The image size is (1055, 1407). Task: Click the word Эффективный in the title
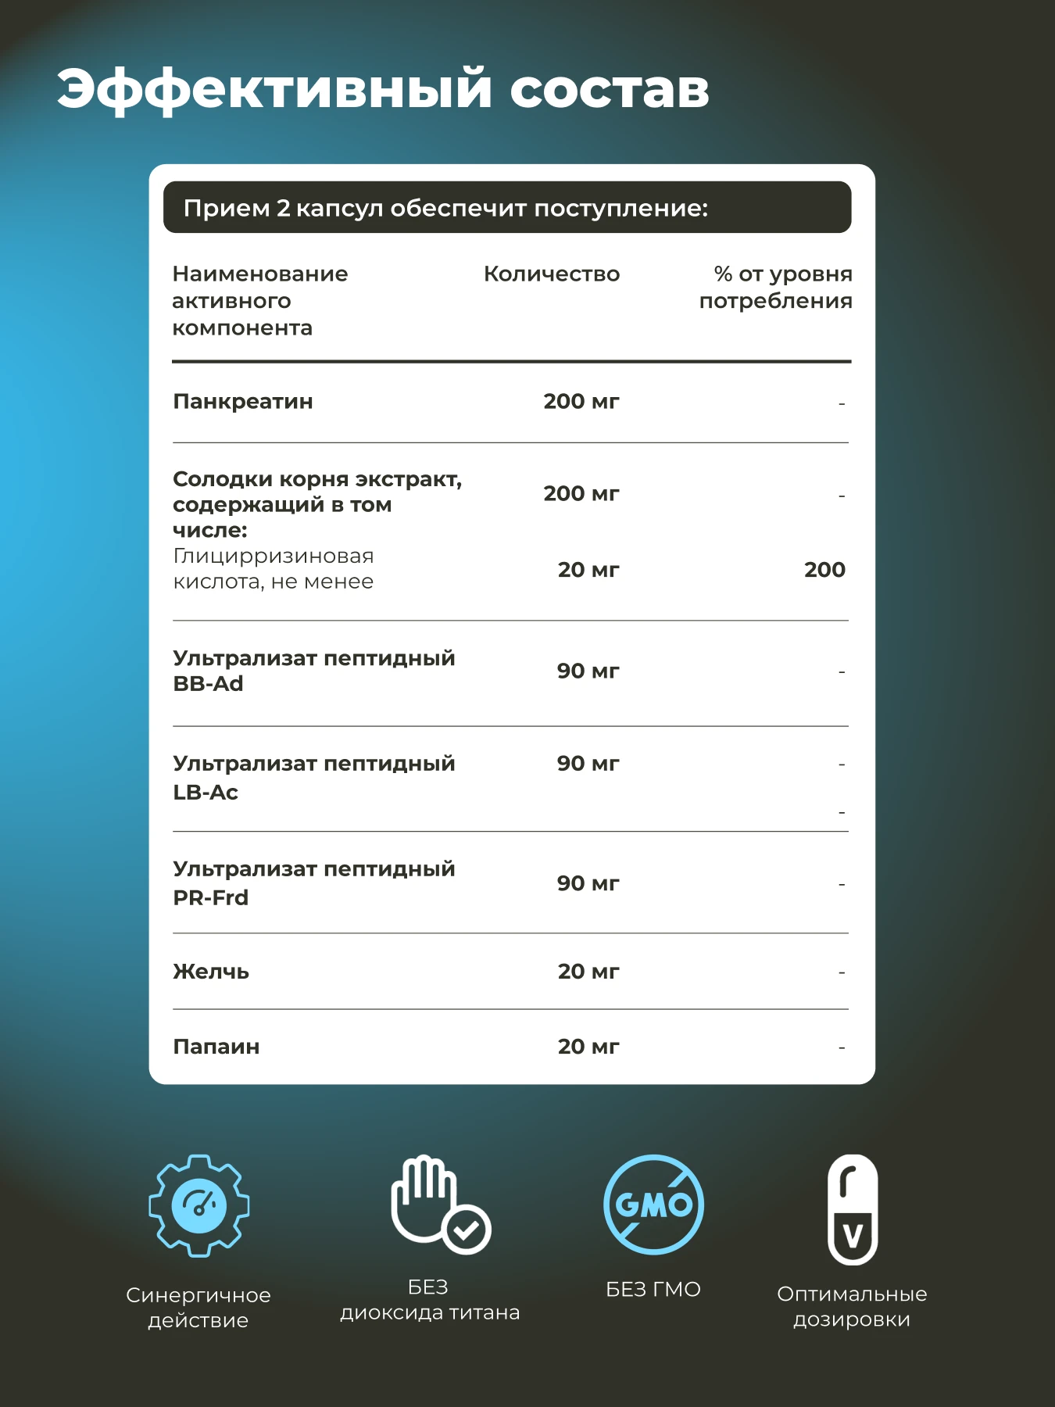[274, 89]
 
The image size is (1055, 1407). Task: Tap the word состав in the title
[610, 89]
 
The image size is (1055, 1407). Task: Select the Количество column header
[552, 274]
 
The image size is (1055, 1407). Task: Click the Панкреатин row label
[243, 402]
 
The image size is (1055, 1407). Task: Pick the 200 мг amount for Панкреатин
[581, 402]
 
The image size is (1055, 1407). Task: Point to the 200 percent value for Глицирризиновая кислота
[824, 570]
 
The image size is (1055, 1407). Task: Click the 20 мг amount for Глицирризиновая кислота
[588, 570]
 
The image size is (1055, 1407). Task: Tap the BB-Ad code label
[208, 684]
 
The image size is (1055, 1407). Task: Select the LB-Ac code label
[206, 793]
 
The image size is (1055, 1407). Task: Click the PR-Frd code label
[211, 898]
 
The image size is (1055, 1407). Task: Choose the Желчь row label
[211, 972]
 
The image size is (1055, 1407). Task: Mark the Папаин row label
[216, 1047]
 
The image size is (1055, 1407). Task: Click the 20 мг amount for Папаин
[588, 1047]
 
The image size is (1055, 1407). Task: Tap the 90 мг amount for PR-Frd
[588, 883]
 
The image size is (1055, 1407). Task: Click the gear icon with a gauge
[199, 1205]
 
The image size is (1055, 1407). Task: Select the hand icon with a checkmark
[439, 1205]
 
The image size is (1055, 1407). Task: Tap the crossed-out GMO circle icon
[654, 1205]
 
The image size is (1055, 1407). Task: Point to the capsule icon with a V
[853, 1209]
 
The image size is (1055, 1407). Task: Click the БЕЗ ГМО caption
[653, 1290]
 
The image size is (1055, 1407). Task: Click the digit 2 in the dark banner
[283, 209]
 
